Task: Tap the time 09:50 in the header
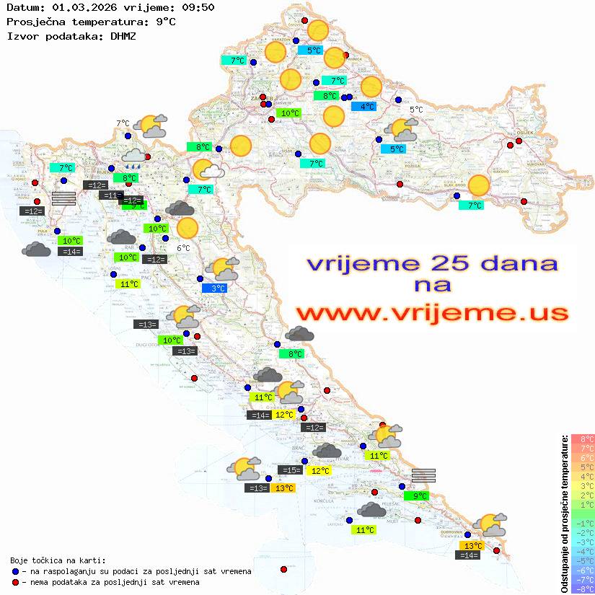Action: [x=198, y=7]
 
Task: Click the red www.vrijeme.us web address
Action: [x=431, y=313]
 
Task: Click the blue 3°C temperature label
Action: [x=214, y=288]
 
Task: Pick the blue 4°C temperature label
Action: [x=363, y=107]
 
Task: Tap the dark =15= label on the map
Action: [x=291, y=470]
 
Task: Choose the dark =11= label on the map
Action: [x=110, y=195]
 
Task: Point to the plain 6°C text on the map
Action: [x=183, y=248]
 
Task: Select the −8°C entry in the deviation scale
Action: [x=582, y=589]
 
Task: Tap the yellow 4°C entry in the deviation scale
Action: [x=582, y=476]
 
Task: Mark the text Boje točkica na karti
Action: [x=58, y=560]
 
